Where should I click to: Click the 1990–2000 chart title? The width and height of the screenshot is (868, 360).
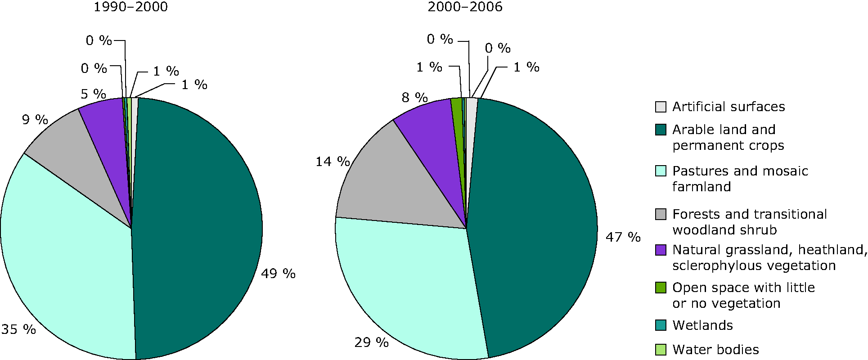point(130,7)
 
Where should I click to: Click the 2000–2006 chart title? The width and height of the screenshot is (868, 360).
point(465,7)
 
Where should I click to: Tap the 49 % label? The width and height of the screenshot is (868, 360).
point(278,274)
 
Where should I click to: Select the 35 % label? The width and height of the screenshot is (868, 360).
point(18,329)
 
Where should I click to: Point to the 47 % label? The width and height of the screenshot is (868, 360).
point(623,237)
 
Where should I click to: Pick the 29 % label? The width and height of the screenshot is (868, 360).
point(371,342)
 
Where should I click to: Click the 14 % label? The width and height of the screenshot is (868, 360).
point(333,161)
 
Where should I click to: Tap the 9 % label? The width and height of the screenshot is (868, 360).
point(35,120)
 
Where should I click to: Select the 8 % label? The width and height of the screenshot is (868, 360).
point(414,97)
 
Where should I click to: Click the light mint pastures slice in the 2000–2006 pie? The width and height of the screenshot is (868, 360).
point(405,288)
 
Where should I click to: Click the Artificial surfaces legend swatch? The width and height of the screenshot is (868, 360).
point(661,107)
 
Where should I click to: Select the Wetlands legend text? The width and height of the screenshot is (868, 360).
point(702,325)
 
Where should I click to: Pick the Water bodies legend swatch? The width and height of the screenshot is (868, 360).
point(661,350)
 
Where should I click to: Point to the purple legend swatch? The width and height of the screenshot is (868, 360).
point(661,250)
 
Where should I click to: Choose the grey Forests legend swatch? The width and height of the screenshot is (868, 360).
point(661,214)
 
